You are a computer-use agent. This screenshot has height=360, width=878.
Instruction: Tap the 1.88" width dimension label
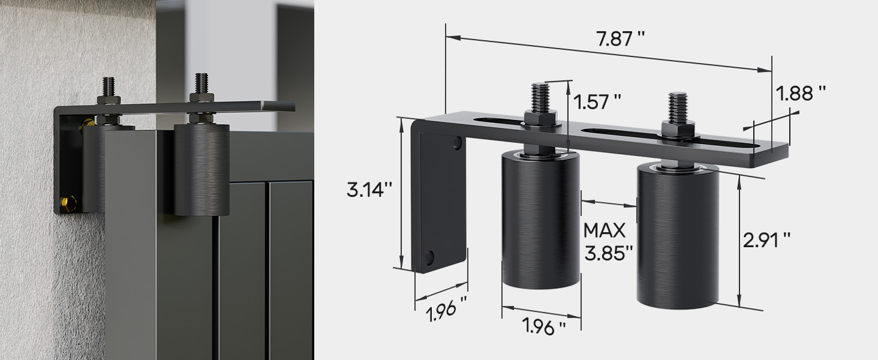801,94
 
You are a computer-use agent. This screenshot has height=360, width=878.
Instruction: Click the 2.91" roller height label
766,241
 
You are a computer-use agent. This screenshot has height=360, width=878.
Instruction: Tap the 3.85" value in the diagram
609,252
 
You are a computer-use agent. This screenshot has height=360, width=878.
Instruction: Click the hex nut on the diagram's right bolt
678,128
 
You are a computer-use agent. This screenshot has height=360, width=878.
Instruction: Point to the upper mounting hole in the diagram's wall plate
458,143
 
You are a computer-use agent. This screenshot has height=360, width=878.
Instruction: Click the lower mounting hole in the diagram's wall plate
429,257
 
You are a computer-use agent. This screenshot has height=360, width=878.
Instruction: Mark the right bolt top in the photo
200,82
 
